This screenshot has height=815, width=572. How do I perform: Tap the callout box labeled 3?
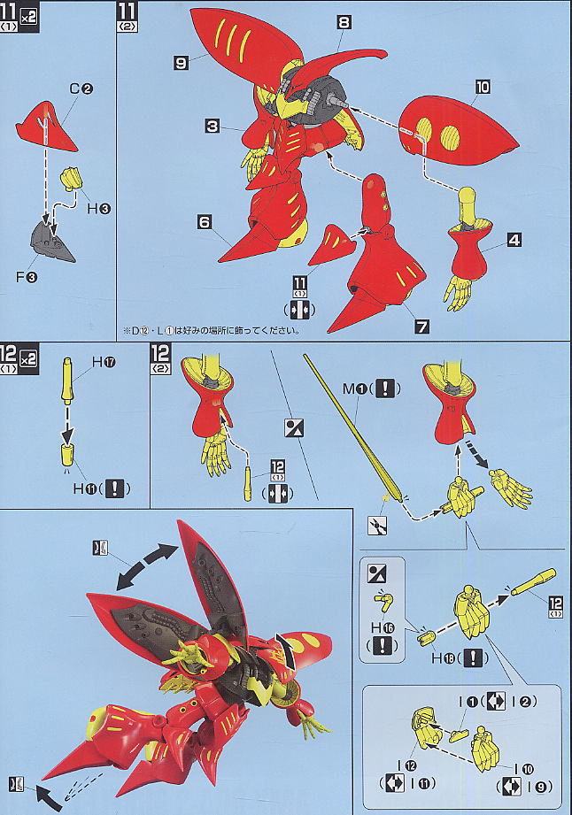213,127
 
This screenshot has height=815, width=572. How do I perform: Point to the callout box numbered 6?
205,223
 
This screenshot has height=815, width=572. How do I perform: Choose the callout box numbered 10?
482,87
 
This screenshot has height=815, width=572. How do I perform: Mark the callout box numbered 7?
422,327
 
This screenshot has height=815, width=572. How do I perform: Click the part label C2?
81,88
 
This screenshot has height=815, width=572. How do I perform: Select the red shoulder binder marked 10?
457,134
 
